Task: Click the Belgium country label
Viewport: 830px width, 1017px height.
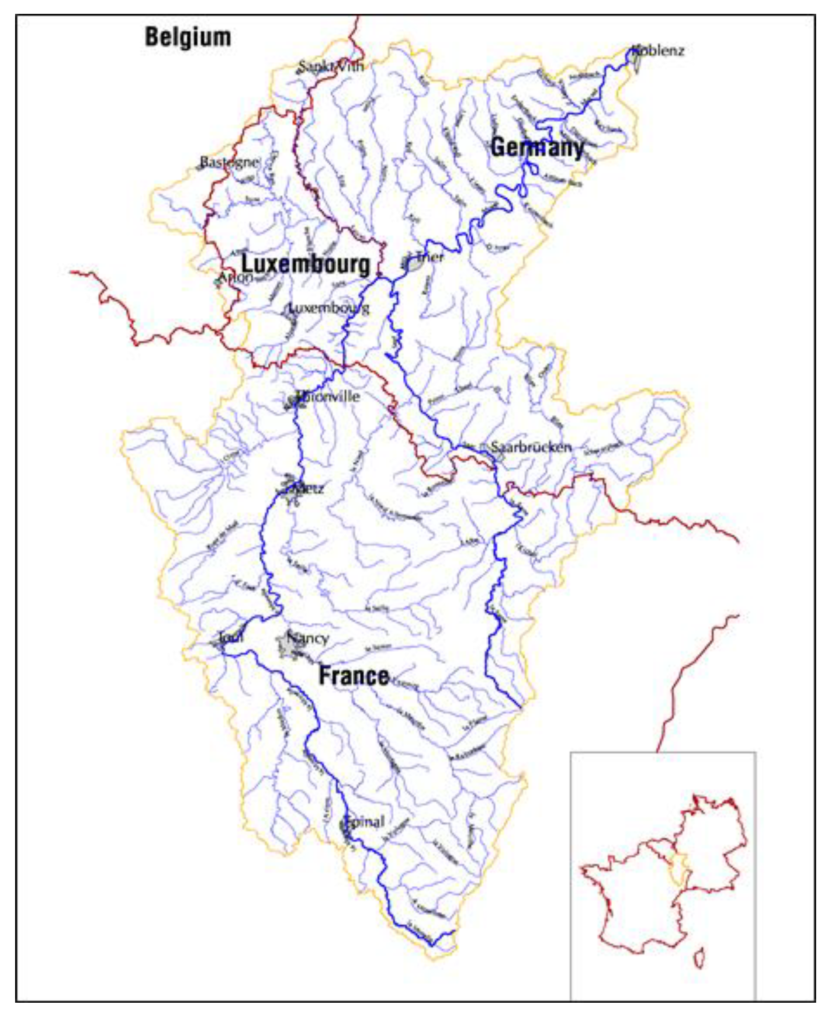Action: coord(188,37)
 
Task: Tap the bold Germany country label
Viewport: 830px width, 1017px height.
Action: coord(537,147)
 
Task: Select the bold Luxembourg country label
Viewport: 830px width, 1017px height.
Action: coord(306,264)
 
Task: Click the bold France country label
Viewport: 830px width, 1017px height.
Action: coord(354,676)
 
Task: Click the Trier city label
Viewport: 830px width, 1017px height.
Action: coord(430,257)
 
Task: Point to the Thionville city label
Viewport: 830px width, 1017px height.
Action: coord(328,396)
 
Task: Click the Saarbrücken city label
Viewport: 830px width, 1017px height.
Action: coord(531,447)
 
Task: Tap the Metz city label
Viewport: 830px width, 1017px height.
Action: coord(306,489)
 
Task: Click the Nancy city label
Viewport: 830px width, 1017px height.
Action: coord(308,638)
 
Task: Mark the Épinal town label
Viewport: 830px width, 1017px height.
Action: coord(364,822)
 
